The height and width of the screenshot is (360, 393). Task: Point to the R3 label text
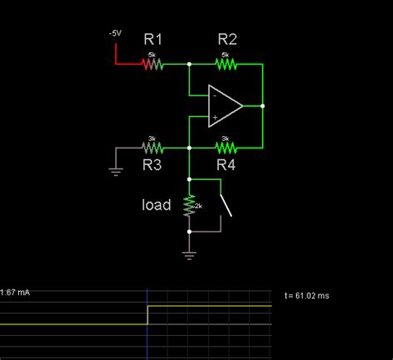152,166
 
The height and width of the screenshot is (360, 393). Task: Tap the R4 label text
226,166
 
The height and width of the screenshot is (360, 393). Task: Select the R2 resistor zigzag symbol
226,63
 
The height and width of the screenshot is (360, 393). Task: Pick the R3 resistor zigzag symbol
152,148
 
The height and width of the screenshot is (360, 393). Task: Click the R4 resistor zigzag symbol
226,148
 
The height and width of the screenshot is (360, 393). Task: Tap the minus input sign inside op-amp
214,95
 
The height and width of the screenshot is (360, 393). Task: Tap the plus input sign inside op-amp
214,117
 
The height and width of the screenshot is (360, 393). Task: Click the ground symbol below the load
189,255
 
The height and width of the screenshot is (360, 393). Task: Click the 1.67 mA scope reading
16,292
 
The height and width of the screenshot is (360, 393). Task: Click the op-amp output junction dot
262,105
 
